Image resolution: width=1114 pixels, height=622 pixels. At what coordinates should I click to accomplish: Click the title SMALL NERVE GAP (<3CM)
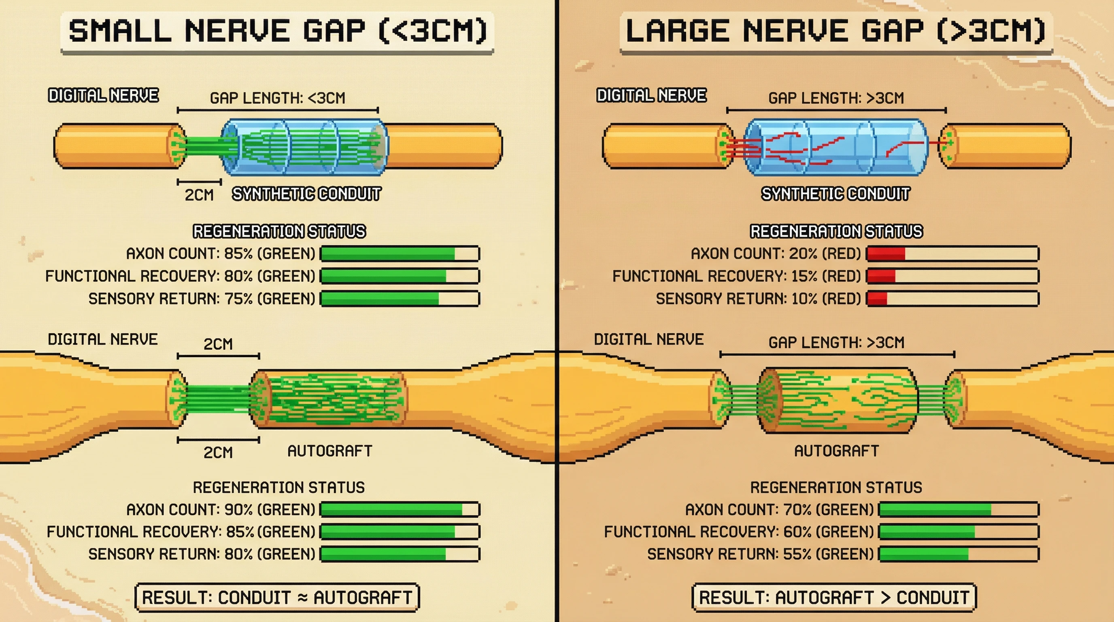[x=277, y=31]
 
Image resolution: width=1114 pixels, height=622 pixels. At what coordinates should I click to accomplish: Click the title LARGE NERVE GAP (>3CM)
[x=835, y=31]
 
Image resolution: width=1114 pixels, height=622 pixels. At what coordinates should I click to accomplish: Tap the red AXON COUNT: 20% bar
[x=952, y=253]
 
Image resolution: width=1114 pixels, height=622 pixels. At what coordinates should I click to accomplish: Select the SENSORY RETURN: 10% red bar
[x=952, y=299]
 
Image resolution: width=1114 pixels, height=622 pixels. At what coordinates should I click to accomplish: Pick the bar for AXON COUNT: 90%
[x=400, y=509]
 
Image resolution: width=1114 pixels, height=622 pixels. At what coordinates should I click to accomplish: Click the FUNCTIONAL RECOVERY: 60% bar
[x=958, y=532]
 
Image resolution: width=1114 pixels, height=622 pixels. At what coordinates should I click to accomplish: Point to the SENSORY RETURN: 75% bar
[x=400, y=299]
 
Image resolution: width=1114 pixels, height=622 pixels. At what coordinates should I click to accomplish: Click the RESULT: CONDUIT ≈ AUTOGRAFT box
[x=277, y=597]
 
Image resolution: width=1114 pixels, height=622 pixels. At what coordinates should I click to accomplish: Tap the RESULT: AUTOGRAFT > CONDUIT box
[x=834, y=597]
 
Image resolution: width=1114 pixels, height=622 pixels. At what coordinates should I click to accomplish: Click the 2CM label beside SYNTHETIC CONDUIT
[x=199, y=195]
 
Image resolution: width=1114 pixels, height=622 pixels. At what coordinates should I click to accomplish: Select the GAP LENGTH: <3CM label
[x=278, y=98]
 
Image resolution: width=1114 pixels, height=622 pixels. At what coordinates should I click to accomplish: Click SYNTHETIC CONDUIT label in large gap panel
[x=835, y=194]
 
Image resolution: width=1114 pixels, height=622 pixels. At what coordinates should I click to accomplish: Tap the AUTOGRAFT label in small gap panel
[x=330, y=451]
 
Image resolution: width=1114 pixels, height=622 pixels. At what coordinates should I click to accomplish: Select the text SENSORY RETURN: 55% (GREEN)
[x=760, y=554]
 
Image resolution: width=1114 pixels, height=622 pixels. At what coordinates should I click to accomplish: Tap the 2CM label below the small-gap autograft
[x=218, y=453]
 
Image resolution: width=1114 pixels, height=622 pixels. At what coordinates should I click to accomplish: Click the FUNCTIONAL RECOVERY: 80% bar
[x=400, y=276]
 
